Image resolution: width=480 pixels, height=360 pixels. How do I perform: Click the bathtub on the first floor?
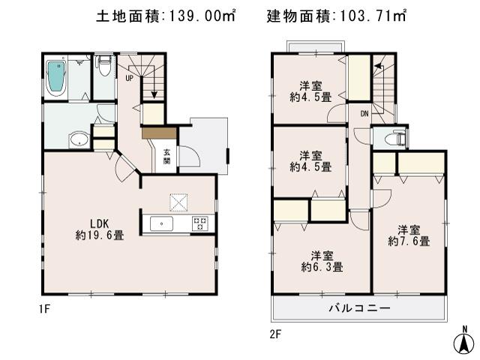pos(57,76)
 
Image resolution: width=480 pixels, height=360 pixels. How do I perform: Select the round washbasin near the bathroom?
pos(78,139)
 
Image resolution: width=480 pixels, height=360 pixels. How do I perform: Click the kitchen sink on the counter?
pos(161,223)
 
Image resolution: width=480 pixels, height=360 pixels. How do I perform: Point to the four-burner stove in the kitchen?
pos(200,223)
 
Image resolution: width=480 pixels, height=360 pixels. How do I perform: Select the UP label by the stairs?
pos(130,78)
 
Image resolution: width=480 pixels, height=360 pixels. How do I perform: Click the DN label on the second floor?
pos(364,114)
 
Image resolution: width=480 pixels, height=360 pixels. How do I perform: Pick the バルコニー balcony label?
pos(358,308)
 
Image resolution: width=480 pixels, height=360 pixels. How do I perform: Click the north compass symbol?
pos(466,341)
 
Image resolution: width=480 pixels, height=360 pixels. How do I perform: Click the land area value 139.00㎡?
pos(199,16)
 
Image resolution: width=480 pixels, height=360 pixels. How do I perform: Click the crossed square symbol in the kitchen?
pos(179,202)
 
